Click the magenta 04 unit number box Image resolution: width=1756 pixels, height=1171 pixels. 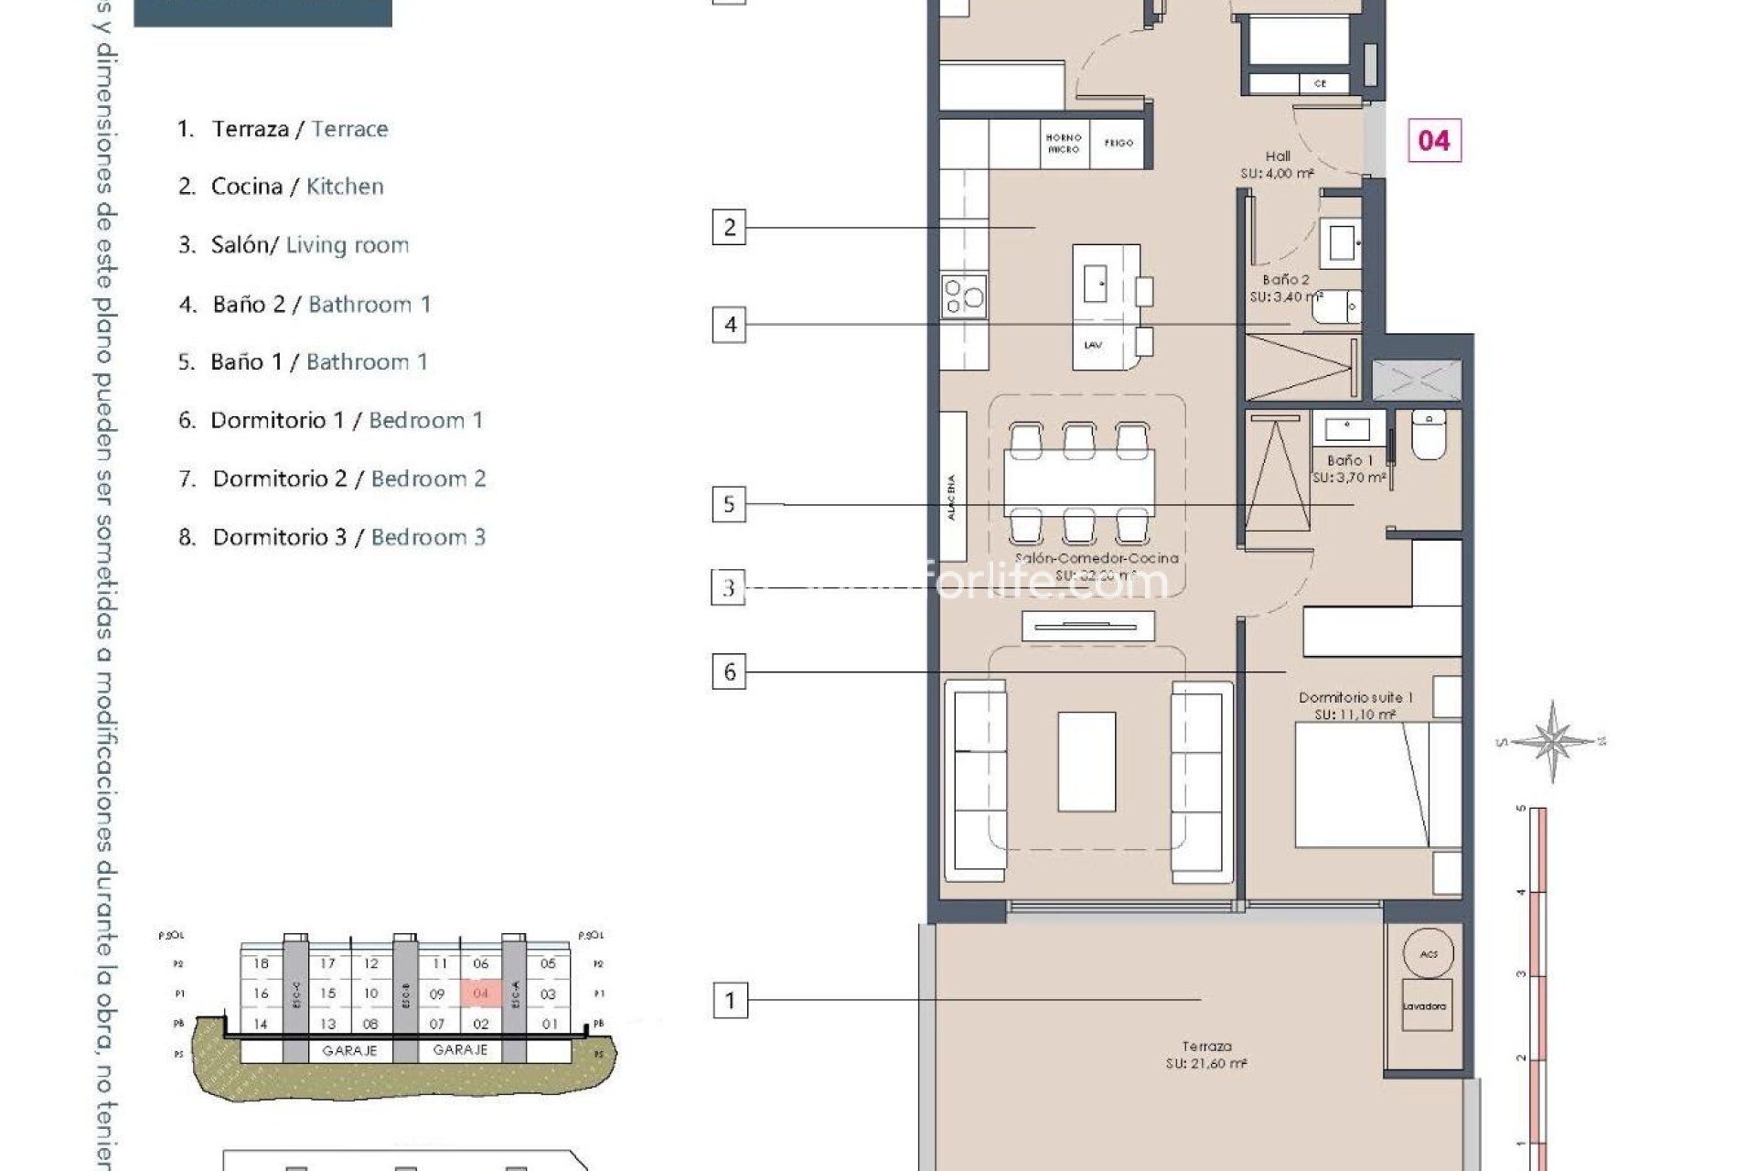click(x=1433, y=140)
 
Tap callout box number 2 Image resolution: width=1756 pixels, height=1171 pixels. click(x=729, y=227)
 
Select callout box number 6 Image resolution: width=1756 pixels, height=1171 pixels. click(x=729, y=672)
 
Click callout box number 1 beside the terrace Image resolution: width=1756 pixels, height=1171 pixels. click(x=729, y=1000)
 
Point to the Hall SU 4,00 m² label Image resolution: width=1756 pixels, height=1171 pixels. click(x=1278, y=165)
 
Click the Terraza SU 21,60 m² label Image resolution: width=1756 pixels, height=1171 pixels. click(x=1206, y=1055)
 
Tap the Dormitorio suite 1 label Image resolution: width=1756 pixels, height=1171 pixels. click(x=1354, y=705)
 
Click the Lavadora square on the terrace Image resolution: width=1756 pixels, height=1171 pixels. click(x=1424, y=1005)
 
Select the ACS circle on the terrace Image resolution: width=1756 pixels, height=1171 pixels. click(x=1428, y=953)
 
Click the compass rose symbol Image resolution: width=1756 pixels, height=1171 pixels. click(x=1552, y=740)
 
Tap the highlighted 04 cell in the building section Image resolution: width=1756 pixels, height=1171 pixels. click(x=481, y=993)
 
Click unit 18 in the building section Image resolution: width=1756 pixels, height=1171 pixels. click(x=262, y=963)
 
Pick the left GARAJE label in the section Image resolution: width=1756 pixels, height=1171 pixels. click(x=349, y=1050)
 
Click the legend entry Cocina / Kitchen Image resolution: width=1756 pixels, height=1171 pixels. click(x=296, y=187)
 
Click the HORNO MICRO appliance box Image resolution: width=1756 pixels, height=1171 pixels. click(x=1064, y=144)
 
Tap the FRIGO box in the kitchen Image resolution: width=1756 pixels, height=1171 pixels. click(x=1118, y=144)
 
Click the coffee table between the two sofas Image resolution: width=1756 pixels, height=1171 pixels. click(x=1087, y=761)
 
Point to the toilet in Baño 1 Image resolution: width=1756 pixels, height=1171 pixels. click(x=1428, y=435)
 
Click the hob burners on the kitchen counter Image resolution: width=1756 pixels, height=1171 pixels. click(x=964, y=295)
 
